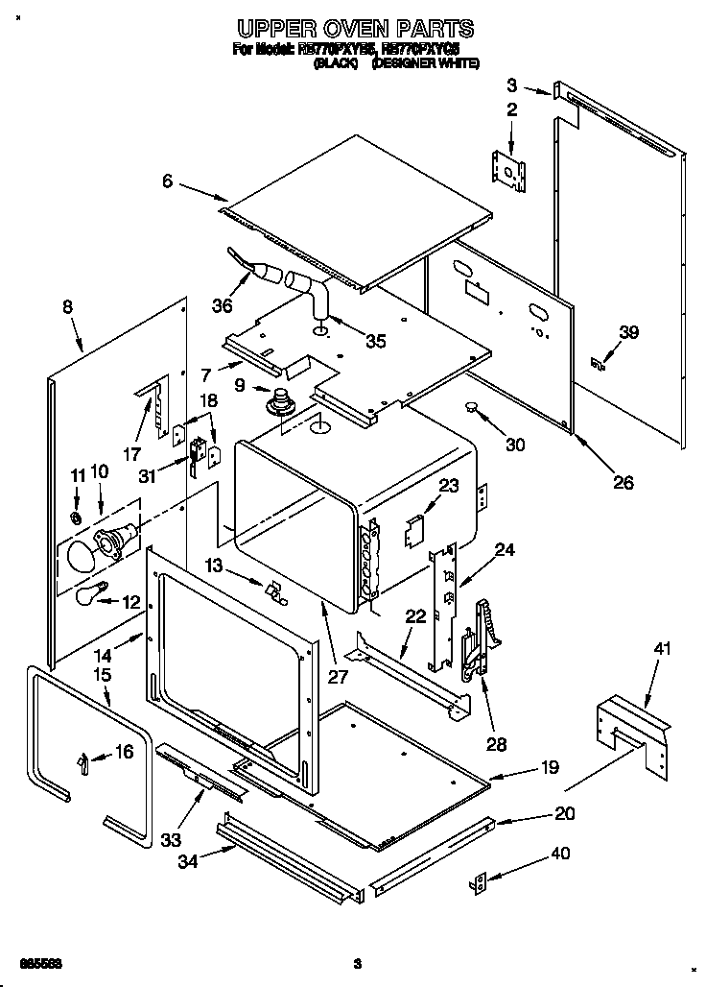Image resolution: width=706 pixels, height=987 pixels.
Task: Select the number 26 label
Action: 623,482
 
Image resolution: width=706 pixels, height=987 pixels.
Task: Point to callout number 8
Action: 67,307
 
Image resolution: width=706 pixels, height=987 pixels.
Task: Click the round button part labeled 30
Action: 471,409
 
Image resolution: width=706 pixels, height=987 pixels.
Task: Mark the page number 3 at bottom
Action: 356,963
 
